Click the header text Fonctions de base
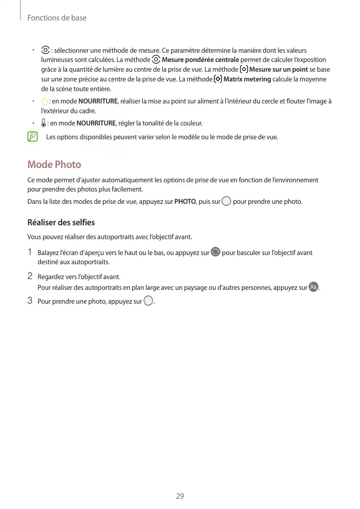pos(57,18)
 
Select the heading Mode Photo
pos(54,164)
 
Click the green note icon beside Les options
pos(33,137)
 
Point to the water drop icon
pos(45,101)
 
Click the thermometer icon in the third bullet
pos(44,123)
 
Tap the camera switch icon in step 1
pos(216,252)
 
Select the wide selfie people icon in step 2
pos(313,287)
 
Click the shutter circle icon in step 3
pos(149,301)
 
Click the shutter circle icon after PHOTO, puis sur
pos(226,201)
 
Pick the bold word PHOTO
pos(185,202)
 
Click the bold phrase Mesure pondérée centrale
pos(200,60)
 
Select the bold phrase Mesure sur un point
pos(279,70)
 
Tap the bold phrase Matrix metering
pos(247,79)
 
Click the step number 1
pos(30,252)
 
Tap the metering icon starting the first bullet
pos(45,51)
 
